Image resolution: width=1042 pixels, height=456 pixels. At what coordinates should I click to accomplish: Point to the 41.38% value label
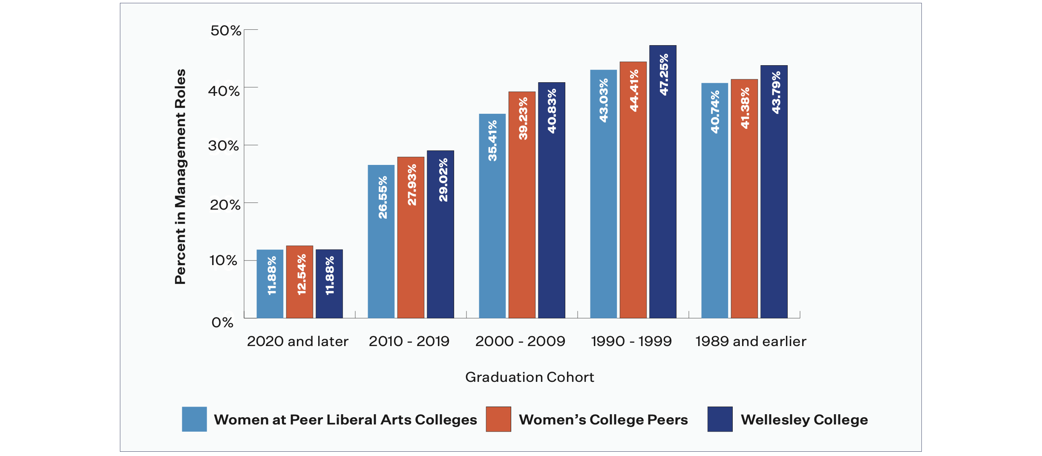coord(745,108)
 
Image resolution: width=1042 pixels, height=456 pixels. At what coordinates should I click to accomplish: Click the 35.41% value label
coord(492,140)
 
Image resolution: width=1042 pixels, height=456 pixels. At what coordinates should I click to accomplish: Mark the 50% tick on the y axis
coord(226,31)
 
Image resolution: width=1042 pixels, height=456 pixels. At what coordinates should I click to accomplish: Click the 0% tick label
coord(222,323)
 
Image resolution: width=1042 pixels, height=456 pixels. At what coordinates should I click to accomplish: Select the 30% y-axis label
coord(223,146)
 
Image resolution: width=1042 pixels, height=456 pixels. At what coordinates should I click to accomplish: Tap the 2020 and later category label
coord(297,341)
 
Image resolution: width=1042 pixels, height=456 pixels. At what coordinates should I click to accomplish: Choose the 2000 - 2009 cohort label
coord(520,341)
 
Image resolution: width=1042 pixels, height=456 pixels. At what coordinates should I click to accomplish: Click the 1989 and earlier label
coord(751,341)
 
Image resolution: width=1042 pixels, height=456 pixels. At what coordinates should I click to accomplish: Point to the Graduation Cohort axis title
coord(530,377)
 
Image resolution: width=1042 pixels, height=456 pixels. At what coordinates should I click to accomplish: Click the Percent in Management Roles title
coord(180,176)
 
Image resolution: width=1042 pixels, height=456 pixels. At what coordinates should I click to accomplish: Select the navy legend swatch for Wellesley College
coord(720,419)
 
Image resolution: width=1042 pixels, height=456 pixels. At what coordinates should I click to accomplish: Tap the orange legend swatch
coord(498,419)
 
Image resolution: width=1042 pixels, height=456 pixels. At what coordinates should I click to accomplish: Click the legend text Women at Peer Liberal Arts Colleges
coord(345,420)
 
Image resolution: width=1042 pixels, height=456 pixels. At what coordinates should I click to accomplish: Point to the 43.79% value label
coord(776,92)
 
